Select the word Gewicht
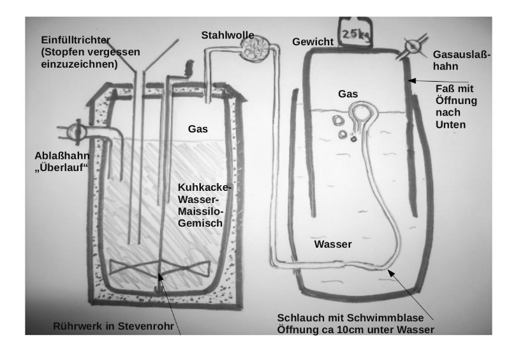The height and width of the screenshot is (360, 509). coord(313,42)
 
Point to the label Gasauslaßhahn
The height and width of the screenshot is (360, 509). coord(461,61)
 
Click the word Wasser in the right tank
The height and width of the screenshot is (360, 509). coord(332,244)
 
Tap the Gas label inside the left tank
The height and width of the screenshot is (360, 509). coord(198,129)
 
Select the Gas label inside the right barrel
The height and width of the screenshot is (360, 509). coord(348,94)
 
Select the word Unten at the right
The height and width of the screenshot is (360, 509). coord(451,124)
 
